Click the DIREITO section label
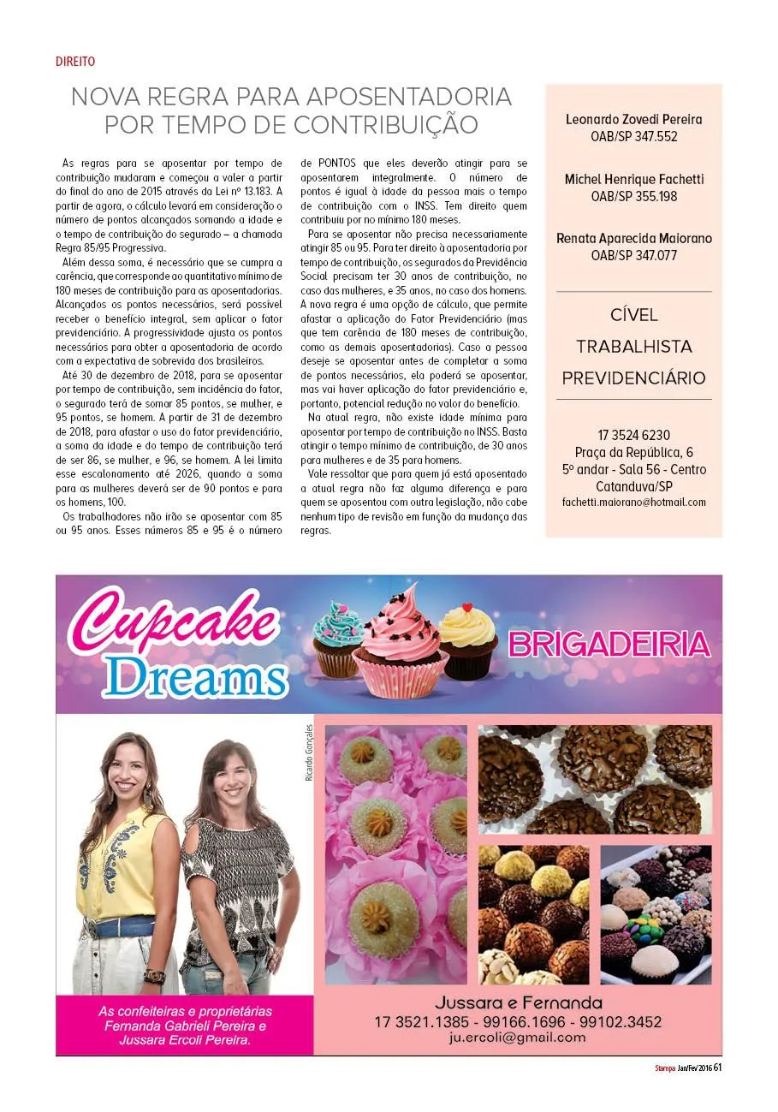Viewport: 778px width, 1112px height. tap(74, 62)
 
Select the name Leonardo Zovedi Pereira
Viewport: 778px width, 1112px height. tap(633, 119)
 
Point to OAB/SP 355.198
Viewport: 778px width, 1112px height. tap(633, 196)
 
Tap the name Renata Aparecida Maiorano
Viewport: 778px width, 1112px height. tap(633, 238)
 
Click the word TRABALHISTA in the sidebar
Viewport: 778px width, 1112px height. tap(633, 347)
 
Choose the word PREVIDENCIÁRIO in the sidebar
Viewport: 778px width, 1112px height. tap(633, 378)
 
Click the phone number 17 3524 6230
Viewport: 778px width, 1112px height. tap(633, 435)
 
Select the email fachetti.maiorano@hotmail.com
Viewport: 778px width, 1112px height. tap(633, 502)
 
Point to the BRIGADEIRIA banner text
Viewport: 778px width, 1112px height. tap(609, 644)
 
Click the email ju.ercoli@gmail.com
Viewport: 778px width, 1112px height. tap(517, 1038)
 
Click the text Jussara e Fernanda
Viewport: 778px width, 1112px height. tap(518, 1002)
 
